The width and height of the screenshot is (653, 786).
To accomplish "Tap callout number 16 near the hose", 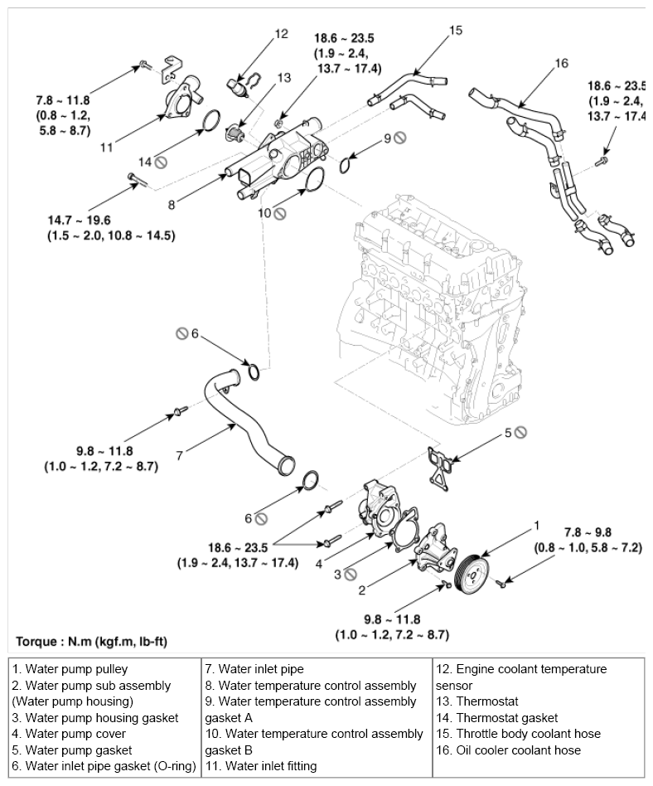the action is (562, 63).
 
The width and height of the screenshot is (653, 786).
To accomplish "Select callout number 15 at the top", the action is (456, 30).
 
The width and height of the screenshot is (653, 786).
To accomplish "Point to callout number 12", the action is (282, 34).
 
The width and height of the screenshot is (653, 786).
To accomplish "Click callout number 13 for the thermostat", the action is (283, 78).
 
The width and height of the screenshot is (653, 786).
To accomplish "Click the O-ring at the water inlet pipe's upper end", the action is (254, 371).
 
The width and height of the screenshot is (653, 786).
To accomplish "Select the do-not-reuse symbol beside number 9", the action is (400, 138).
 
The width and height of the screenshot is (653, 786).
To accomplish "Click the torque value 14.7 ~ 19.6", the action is (79, 220).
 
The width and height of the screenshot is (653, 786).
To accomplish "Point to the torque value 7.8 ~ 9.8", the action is (588, 531).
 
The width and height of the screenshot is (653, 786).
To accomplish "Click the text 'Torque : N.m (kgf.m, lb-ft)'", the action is (91, 641).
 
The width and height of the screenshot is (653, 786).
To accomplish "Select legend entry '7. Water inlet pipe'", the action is (254, 669).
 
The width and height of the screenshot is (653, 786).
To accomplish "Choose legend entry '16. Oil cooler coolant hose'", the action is (508, 750).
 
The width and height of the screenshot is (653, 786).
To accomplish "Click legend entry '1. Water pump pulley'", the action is (70, 669).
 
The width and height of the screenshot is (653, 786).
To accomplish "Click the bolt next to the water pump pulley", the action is (501, 583).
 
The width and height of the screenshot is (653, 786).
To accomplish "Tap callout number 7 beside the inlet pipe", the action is (180, 456).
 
